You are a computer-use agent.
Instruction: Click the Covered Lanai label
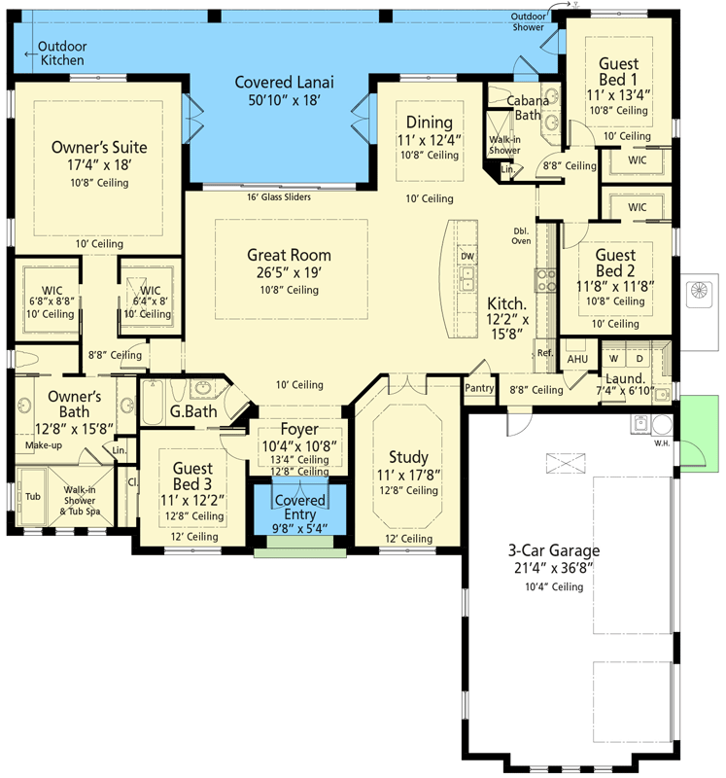pyautogui.click(x=277, y=82)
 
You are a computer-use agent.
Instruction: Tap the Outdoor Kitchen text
pyautogui.click(x=62, y=53)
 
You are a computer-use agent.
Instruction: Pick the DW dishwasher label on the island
pyautogui.click(x=467, y=257)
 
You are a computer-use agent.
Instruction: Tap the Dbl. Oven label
pyautogui.click(x=522, y=235)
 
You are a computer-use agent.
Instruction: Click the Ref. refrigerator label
pyautogui.click(x=544, y=353)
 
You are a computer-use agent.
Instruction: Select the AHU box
pyautogui.click(x=577, y=359)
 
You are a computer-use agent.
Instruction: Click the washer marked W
pyautogui.click(x=614, y=358)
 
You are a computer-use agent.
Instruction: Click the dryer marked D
pyautogui.click(x=640, y=358)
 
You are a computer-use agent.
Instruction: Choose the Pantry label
pyautogui.click(x=479, y=387)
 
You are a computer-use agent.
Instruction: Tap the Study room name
pyautogui.click(x=408, y=456)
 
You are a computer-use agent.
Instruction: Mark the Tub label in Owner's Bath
pyautogui.click(x=33, y=496)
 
